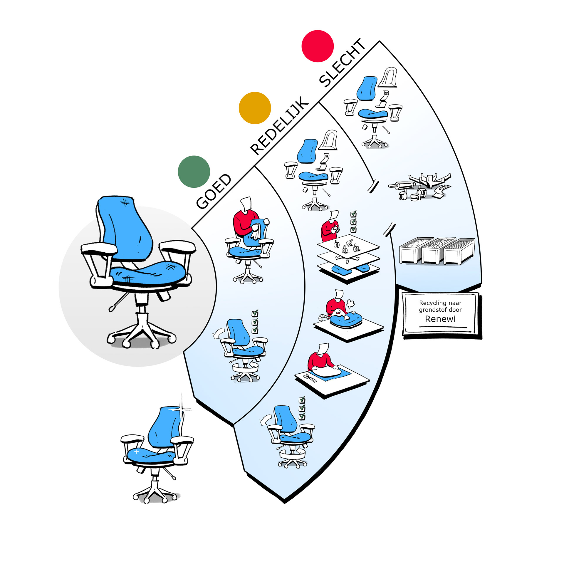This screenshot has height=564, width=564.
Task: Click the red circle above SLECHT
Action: tap(318, 46)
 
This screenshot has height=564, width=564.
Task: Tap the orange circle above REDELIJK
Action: tap(255, 108)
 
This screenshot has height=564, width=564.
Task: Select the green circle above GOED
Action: tap(194, 172)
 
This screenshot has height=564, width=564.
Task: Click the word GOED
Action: tap(214, 192)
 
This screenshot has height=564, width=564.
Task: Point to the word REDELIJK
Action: tap(279, 125)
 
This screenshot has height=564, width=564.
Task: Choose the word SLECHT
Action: tap(342, 63)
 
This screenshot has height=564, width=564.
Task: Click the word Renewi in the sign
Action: tap(440, 319)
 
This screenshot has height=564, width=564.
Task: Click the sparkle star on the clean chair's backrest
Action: tap(182, 409)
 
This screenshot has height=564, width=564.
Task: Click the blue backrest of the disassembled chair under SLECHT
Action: tap(367, 88)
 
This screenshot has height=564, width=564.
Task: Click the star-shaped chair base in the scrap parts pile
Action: tap(429, 180)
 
